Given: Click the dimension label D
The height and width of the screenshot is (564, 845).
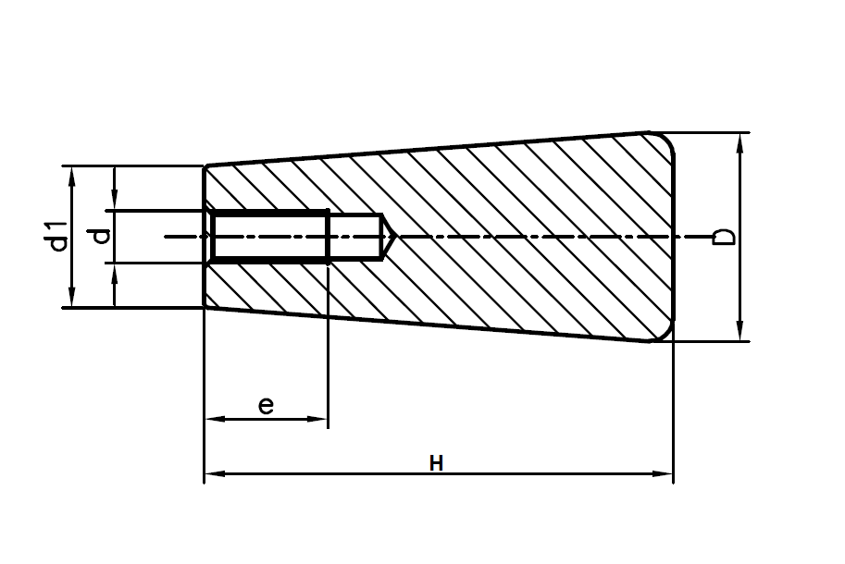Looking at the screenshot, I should [727, 236].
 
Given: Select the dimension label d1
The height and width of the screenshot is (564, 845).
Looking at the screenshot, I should [58, 236].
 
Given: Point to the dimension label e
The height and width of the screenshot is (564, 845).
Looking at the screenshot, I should [266, 405].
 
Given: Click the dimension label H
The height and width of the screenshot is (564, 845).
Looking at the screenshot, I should [437, 462].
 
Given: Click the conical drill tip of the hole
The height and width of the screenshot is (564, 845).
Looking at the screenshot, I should [390, 238].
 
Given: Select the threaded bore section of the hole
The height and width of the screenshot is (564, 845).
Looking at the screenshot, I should [269, 238].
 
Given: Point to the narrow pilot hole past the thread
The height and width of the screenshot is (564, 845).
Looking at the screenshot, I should [355, 238].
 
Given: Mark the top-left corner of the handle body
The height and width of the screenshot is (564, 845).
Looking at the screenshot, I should [205, 166].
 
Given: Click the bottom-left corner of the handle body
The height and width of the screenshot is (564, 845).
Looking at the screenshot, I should [205, 307].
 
